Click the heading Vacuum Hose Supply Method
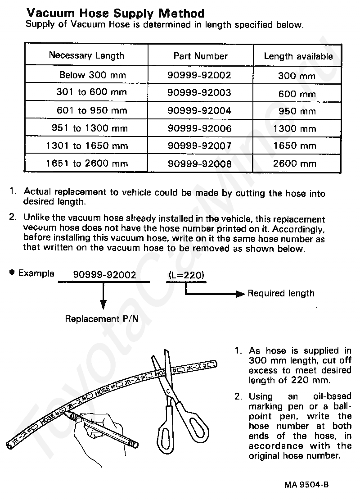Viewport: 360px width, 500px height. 115,14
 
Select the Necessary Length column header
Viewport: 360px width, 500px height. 86,56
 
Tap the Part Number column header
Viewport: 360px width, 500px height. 200,56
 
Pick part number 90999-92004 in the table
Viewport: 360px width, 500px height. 199,110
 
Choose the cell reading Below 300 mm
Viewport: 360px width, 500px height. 93,75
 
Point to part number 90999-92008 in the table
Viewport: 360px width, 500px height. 199,164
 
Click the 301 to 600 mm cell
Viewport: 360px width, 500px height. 91,93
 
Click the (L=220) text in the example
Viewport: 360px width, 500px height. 186,274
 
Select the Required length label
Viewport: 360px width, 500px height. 281,294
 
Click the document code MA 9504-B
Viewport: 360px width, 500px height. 306,485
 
